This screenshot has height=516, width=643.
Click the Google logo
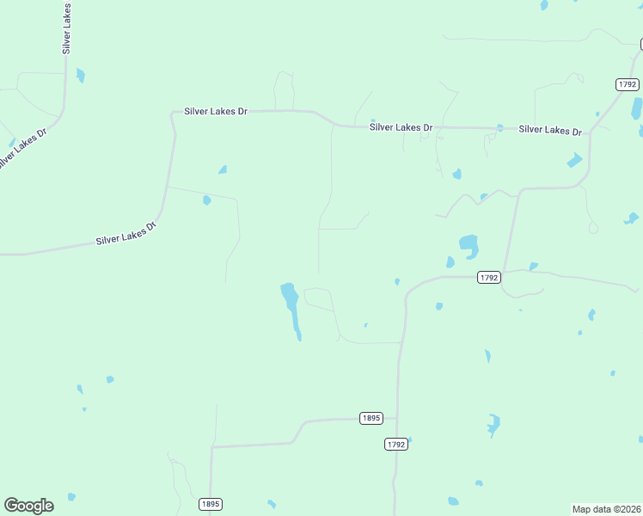pos(28,506)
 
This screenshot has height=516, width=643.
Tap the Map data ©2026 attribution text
pos(606,508)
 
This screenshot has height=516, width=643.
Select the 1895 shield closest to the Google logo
pos(211,504)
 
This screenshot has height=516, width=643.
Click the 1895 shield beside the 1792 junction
pos(370,418)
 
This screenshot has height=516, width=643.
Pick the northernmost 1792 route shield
pos(628,83)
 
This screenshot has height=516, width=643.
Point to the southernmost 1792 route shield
pos(395,444)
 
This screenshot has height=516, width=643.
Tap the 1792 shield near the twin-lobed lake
pos(489,277)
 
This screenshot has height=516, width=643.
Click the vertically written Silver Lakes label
pos(66,28)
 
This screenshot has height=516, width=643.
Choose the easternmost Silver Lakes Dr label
pos(550,130)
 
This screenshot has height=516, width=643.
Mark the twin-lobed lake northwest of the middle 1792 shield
pos(468,245)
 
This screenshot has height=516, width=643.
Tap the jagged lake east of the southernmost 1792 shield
pos(493,425)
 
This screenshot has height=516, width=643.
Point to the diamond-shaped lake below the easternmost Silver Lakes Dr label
pos(574,160)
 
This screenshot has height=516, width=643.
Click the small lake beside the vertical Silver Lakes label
pos(81,75)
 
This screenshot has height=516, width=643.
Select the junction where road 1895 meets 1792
pos(397,419)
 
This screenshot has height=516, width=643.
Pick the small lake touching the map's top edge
pos(544,4)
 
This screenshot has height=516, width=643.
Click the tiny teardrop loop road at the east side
pos(592,227)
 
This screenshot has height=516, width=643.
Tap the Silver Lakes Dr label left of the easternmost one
pos(401,127)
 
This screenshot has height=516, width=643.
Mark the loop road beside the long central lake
pos(318,298)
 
